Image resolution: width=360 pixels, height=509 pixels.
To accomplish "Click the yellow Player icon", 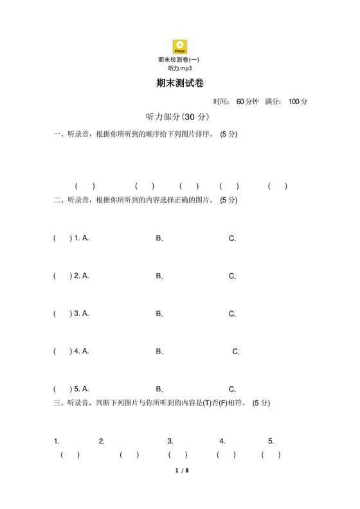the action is pos(180,46).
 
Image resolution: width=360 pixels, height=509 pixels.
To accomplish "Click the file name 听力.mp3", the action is pos(180,67).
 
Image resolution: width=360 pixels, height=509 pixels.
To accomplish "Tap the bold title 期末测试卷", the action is pos(180,84).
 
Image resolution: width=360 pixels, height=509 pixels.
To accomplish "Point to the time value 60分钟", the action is pos(248,102).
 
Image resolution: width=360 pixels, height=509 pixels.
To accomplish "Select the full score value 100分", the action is pos(298,102).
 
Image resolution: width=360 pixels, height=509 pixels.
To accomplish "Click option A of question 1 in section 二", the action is pos(85,238).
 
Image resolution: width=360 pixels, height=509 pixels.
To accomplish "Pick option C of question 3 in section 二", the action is pos(233,314).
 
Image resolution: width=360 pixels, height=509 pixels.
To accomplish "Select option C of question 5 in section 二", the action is pos(233,389).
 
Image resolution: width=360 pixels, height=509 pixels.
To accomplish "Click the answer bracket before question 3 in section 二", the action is pos(62,314).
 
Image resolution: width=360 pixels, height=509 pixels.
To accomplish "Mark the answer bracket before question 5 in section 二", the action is pos(62,389).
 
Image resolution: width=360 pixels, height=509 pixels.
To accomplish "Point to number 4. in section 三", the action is pos(222,442).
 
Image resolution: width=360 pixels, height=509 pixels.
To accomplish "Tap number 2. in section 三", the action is pos(102,442).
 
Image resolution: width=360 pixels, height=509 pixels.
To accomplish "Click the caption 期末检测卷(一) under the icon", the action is pos(179,60).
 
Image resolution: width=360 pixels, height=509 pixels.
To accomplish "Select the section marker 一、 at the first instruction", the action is pos(59,134).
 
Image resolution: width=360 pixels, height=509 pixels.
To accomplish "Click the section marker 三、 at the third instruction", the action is pos(59,403).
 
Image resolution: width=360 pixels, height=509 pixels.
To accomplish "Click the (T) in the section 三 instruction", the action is pos(208,403).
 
